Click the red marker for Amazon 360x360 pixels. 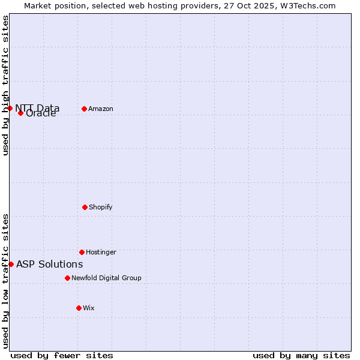click(84, 109)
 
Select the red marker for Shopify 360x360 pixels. click(85, 207)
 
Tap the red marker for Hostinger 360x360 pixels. click(82, 252)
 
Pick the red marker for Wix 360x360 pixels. click(79, 308)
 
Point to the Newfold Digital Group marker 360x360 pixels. click(67, 278)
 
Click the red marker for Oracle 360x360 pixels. click(20, 113)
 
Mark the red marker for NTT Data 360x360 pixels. click(10, 108)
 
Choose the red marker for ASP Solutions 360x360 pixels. click(11, 264)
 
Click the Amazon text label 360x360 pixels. click(101, 109)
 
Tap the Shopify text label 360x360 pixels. click(101, 207)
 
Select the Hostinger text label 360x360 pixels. click(101, 252)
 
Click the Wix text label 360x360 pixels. click(89, 308)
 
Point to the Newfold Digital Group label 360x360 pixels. click(106, 278)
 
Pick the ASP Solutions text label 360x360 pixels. click(50, 264)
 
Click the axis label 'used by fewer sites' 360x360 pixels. click(62, 355)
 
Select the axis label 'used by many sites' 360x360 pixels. click(301, 355)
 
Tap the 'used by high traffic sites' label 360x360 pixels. click(5, 85)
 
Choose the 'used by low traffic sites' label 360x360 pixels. click(5, 280)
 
